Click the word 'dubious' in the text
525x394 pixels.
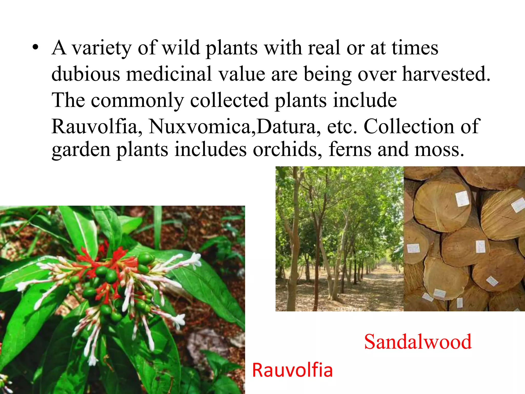pyautogui.click(x=86, y=74)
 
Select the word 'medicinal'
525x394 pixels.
pyautogui.click(x=169, y=74)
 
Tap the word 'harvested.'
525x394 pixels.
pyautogui.click(x=446, y=74)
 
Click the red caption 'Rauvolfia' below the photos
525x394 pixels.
pyautogui.click(x=292, y=370)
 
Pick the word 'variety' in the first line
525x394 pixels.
pyautogui.click(x=101, y=48)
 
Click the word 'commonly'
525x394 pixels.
pyautogui.click(x=137, y=100)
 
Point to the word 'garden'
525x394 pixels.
pyautogui.click(x=81, y=150)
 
